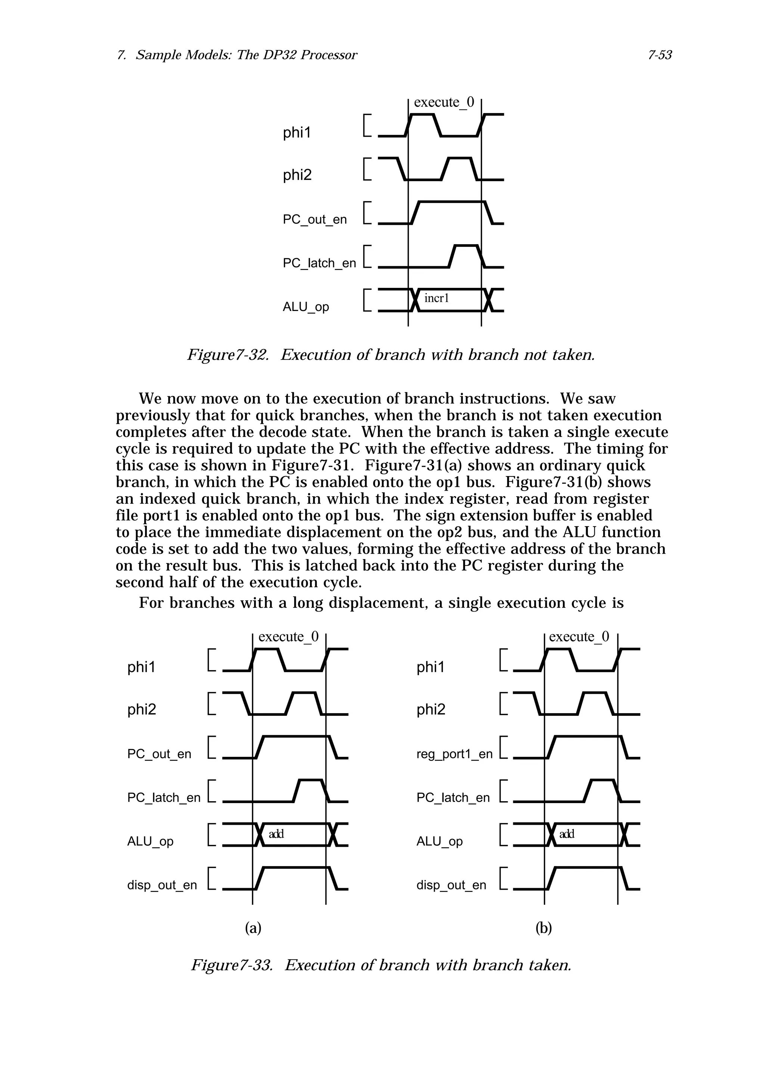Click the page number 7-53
tap(659, 55)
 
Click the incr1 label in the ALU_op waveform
tap(436, 298)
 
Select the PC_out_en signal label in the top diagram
tap(315, 220)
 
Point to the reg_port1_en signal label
tap(454, 754)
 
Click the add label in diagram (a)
tap(276, 834)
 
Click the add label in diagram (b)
tap(567, 834)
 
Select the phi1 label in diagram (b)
tap(430, 667)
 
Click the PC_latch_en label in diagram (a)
tap(164, 797)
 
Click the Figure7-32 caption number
tap(228, 354)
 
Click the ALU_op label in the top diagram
tap(306, 307)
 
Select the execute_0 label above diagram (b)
tap(579, 637)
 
